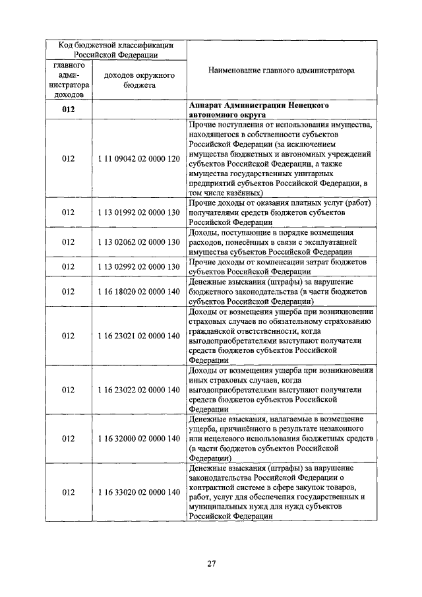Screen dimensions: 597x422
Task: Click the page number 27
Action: click(x=212, y=563)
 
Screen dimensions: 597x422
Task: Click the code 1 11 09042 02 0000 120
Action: click(x=139, y=159)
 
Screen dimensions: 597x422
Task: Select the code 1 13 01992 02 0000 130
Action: click(x=139, y=213)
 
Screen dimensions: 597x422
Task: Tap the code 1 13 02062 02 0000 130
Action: click(x=139, y=242)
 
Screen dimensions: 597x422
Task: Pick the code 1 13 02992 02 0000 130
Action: click(x=139, y=267)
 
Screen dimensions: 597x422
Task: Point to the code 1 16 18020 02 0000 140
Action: click(x=139, y=291)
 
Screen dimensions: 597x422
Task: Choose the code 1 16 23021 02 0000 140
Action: click(x=139, y=336)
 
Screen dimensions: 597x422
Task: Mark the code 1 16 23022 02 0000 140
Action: click(x=139, y=390)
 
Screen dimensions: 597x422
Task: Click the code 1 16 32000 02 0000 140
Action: click(x=139, y=438)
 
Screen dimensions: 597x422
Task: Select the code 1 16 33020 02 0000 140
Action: click(x=139, y=492)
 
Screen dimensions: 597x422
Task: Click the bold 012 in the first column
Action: click(x=69, y=110)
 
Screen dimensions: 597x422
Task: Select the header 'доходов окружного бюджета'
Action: click(x=139, y=80)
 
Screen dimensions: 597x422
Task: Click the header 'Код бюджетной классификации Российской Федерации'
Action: click(x=116, y=50)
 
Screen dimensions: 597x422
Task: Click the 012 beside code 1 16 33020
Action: click(x=69, y=492)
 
